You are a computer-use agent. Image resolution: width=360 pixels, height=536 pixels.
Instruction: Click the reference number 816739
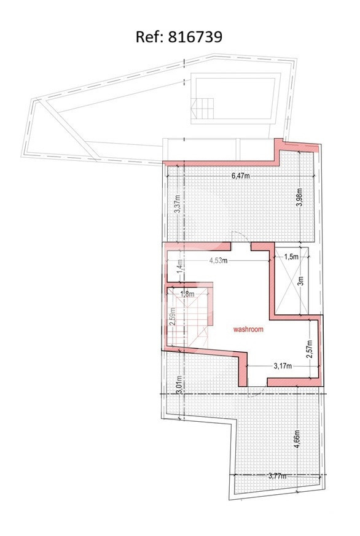[195, 37]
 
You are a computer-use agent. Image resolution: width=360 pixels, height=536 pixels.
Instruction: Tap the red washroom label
[248, 329]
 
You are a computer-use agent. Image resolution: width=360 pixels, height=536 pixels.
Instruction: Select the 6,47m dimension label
[241, 176]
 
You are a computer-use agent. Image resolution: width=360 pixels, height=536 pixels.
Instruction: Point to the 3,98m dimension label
[299, 198]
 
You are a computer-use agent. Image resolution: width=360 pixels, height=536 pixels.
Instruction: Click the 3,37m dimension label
[177, 204]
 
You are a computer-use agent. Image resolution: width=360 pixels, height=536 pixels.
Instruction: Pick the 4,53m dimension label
[219, 260]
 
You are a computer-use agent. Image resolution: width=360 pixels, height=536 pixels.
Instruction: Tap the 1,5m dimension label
[291, 257]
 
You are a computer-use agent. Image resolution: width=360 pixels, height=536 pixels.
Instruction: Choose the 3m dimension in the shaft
[301, 281]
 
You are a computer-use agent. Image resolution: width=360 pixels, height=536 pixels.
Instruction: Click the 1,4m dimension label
[180, 266]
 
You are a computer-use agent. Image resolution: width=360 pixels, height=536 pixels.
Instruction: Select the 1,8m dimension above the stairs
[187, 293]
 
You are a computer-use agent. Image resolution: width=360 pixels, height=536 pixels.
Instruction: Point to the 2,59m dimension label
[173, 317]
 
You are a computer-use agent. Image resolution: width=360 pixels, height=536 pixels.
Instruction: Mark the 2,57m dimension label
[310, 349]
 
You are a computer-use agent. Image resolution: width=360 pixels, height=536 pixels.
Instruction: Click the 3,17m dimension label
[283, 366]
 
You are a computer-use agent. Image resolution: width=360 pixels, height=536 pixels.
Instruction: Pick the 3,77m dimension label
[278, 475]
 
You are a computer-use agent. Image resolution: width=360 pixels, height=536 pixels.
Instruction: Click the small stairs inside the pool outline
[202, 108]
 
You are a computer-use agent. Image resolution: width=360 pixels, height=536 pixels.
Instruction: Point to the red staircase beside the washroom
[187, 316]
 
